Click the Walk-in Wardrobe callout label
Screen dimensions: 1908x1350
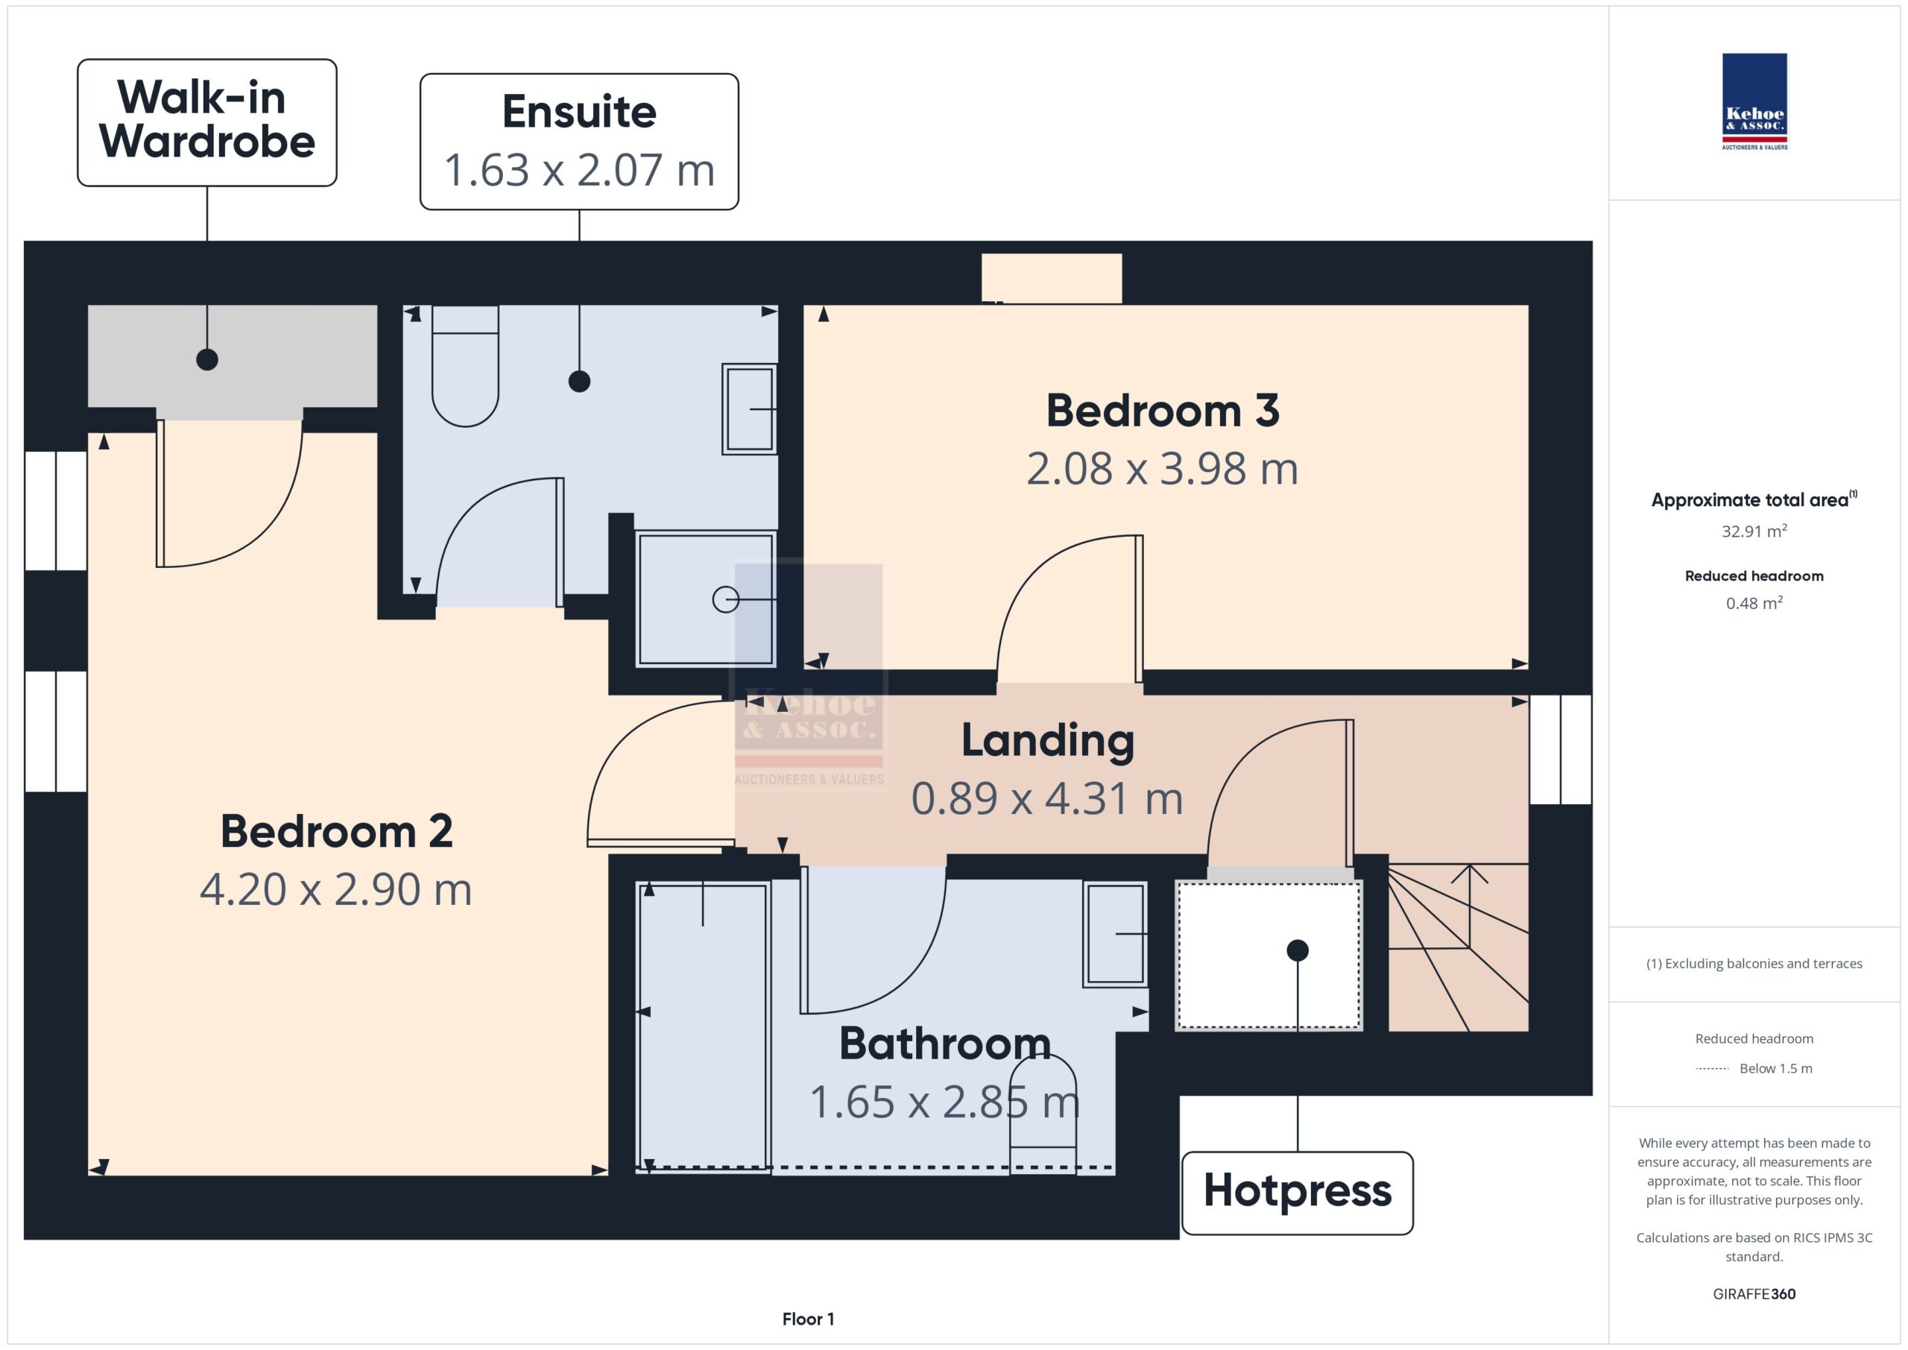click(x=207, y=122)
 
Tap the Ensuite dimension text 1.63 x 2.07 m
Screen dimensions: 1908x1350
click(x=579, y=169)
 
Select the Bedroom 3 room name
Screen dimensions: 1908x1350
click(x=1163, y=411)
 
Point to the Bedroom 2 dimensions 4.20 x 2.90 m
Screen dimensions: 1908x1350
click(x=335, y=889)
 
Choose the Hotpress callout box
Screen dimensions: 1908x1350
click(x=1297, y=1193)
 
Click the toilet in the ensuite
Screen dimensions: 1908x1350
click(x=465, y=366)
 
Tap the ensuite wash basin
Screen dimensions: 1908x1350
click(x=750, y=409)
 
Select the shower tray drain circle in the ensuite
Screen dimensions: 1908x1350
click(x=725, y=599)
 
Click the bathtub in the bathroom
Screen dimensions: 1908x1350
click(x=703, y=1026)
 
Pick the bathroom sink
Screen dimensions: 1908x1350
click(x=1115, y=934)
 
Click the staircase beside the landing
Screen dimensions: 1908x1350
click(x=1459, y=947)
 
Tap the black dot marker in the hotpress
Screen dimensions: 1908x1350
click(x=1297, y=950)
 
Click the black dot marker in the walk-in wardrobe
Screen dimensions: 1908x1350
click(x=207, y=359)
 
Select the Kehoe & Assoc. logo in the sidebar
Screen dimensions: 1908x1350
click(x=1754, y=101)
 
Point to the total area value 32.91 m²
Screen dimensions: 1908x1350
click(x=1754, y=530)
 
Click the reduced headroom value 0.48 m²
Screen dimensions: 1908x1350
click(x=1754, y=602)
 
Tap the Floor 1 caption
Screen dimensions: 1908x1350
click(x=808, y=1319)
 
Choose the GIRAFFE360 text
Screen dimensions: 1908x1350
click(x=1754, y=1294)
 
